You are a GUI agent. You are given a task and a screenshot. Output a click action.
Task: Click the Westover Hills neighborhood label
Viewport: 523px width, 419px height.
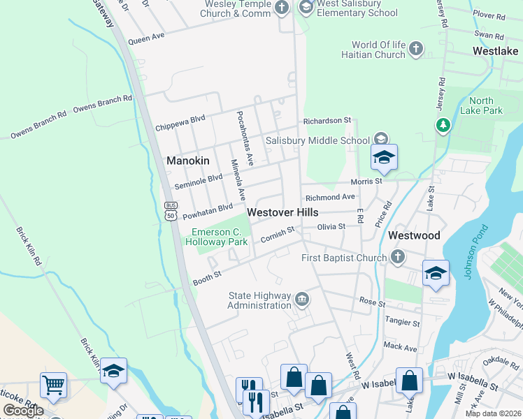(282, 212)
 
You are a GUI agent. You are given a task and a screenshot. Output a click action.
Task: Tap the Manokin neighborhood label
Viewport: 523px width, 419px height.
(187, 161)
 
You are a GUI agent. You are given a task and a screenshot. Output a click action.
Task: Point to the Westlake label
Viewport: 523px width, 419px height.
(495, 51)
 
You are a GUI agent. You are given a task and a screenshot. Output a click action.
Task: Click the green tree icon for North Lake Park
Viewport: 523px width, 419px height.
(442, 125)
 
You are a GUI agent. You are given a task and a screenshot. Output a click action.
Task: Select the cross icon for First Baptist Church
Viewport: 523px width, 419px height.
(398, 258)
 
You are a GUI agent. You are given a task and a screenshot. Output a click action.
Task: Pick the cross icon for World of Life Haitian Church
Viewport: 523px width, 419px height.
(416, 49)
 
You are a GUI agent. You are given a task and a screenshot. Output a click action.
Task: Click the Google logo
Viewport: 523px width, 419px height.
(23, 411)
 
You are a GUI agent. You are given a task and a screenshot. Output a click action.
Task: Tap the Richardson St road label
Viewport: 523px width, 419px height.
(327, 120)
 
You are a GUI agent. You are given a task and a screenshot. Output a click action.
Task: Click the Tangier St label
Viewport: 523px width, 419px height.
(402, 323)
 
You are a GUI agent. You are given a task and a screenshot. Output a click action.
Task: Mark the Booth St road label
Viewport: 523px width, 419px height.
(207, 279)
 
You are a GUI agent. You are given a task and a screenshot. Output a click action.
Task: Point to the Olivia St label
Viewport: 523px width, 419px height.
(331, 226)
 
